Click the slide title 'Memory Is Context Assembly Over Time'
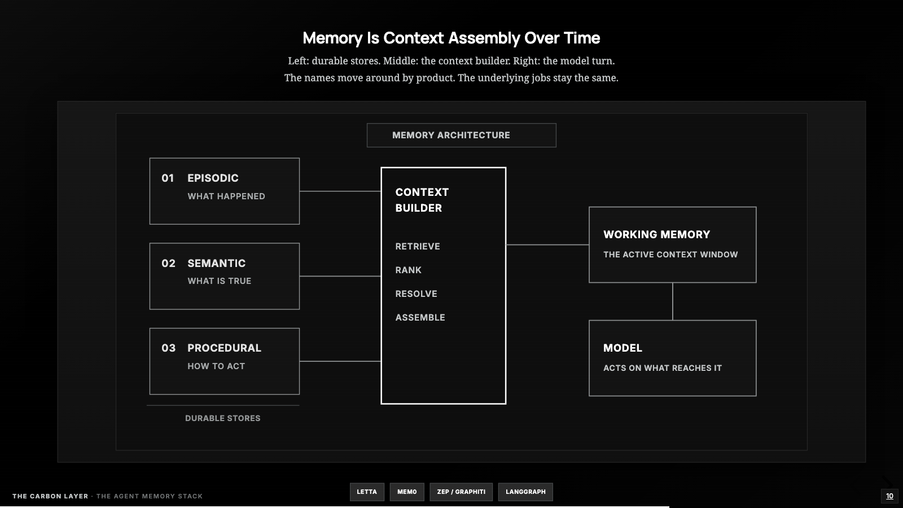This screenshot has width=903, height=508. [x=451, y=38]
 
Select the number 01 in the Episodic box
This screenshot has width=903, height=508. [x=168, y=178]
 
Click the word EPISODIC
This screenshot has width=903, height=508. [x=213, y=178]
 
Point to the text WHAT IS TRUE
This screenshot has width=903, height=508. [x=220, y=281]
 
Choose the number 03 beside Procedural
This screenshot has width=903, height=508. [x=169, y=348]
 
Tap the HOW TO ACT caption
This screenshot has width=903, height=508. [x=216, y=366]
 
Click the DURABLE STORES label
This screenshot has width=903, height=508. [x=222, y=418]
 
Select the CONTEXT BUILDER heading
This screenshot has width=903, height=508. [x=422, y=200]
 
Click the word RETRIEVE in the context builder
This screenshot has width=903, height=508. [x=418, y=246]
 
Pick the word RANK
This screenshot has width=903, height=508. [x=409, y=270]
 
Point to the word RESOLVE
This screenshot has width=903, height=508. [x=416, y=294]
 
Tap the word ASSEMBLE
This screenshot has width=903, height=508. [x=420, y=318]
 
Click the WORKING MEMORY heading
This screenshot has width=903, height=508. [x=657, y=235]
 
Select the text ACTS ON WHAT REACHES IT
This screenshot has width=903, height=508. [x=663, y=368]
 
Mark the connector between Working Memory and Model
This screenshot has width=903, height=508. [x=672, y=301]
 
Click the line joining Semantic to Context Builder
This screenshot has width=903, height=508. [x=340, y=276]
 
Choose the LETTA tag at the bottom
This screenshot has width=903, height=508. [x=367, y=492]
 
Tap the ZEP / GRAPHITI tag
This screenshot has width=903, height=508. [x=461, y=492]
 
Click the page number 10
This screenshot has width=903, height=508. [x=889, y=496]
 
